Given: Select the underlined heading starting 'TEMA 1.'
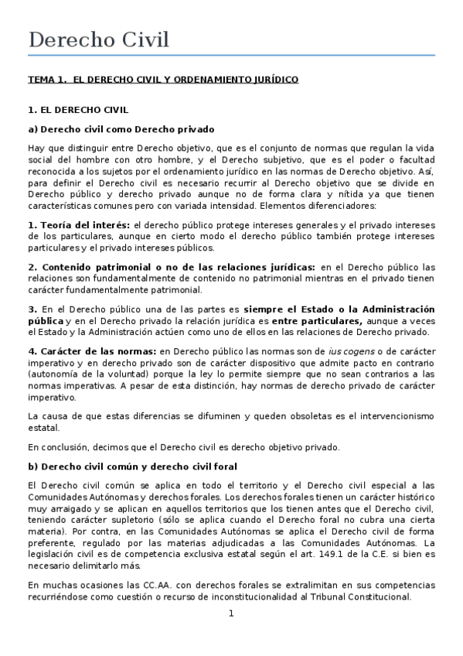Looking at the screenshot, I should (162, 80).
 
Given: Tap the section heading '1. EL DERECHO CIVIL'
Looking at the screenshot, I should (77, 111).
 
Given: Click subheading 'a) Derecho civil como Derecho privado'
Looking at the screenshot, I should (121, 129).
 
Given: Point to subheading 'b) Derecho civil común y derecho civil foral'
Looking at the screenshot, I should (132, 466).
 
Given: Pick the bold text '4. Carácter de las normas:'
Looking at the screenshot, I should (87, 352).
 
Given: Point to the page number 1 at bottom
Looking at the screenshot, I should (230, 613).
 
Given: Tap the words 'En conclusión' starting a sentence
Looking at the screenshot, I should (58, 446).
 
